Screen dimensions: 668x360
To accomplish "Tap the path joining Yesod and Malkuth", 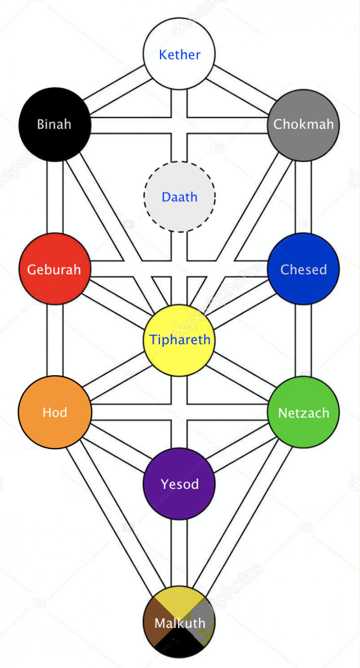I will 179,552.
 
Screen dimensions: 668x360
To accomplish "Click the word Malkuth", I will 180,623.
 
